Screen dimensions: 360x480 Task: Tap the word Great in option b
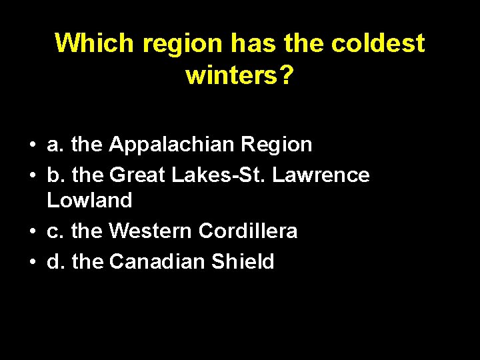pyautogui.click(x=137, y=175)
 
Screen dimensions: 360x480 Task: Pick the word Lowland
pyautogui.click(x=89, y=200)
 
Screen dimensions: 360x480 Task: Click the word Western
pyautogui.click(x=151, y=231)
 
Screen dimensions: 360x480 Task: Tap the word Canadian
pyautogui.click(x=157, y=262)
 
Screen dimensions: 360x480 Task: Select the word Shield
pyautogui.click(x=243, y=262)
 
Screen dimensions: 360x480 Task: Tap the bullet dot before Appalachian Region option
pyautogui.click(x=31, y=145)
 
